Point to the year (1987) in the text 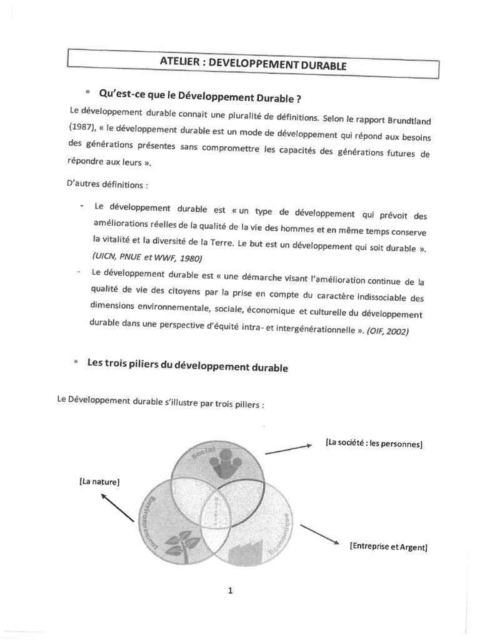tap(83, 136)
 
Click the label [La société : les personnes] tap(374, 444)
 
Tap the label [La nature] tap(99, 482)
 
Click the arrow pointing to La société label tap(287, 448)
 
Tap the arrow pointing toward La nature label tap(117, 506)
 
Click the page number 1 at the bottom tap(231, 591)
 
